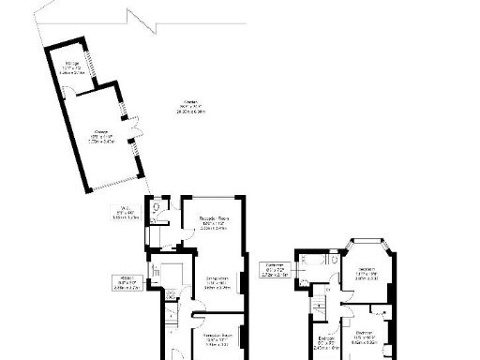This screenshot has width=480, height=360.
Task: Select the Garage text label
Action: click(x=99, y=136)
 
